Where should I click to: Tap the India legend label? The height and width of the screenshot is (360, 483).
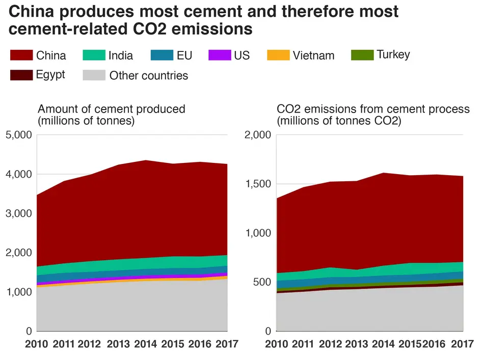[121, 56]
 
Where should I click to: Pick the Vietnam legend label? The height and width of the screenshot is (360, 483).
[313, 56]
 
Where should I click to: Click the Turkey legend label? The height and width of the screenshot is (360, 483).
[393, 54]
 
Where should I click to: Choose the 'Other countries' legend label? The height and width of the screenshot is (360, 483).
[148, 76]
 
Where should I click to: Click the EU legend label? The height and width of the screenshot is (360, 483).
[184, 56]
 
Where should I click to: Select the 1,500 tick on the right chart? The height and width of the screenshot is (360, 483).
[257, 184]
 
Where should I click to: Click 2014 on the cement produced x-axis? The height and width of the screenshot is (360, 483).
[146, 344]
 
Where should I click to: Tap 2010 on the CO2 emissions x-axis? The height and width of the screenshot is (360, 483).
[277, 344]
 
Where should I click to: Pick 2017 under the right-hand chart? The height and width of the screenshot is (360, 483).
[462, 344]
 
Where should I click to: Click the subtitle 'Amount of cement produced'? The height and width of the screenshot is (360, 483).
[112, 109]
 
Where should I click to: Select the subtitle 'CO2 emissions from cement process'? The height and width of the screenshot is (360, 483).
[373, 109]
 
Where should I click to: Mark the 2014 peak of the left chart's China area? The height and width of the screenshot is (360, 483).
[146, 161]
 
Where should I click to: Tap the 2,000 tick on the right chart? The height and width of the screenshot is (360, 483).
[257, 135]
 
